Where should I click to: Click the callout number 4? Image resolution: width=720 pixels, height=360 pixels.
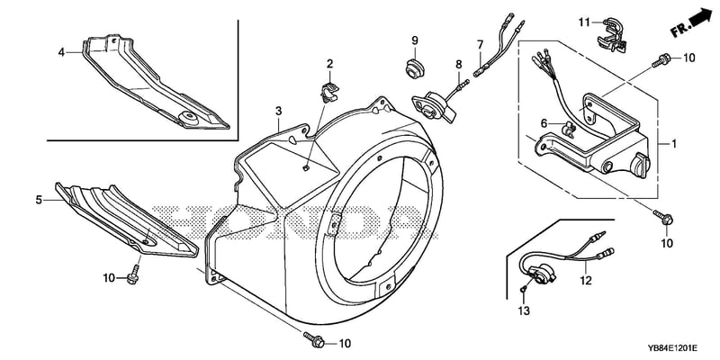point(61,53)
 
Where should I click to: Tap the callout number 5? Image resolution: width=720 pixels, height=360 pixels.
point(39,200)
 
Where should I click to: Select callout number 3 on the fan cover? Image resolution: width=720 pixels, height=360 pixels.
point(279,111)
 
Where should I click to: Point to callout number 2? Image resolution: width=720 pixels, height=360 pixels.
point(329,63)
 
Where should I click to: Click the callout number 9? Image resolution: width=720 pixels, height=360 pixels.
point(415,40)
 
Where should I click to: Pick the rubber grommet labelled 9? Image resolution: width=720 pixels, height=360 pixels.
point(415,68)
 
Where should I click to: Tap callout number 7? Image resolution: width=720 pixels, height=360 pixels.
point(481,44)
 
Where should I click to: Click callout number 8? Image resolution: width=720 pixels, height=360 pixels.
point(459,65)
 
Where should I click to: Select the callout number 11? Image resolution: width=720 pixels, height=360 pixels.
point(583,22)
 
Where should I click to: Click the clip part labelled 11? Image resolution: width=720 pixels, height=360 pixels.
point(612,33)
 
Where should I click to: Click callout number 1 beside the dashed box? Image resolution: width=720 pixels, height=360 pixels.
point(674,144)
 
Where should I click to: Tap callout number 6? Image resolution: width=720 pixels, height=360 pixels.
point(544,123)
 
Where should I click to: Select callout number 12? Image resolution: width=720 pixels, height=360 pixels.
point(586,281)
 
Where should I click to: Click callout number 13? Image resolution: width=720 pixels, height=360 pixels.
point(524,310)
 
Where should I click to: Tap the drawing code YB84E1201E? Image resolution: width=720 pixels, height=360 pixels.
point(673,348)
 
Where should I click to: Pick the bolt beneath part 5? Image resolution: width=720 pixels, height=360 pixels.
point(133,274)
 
